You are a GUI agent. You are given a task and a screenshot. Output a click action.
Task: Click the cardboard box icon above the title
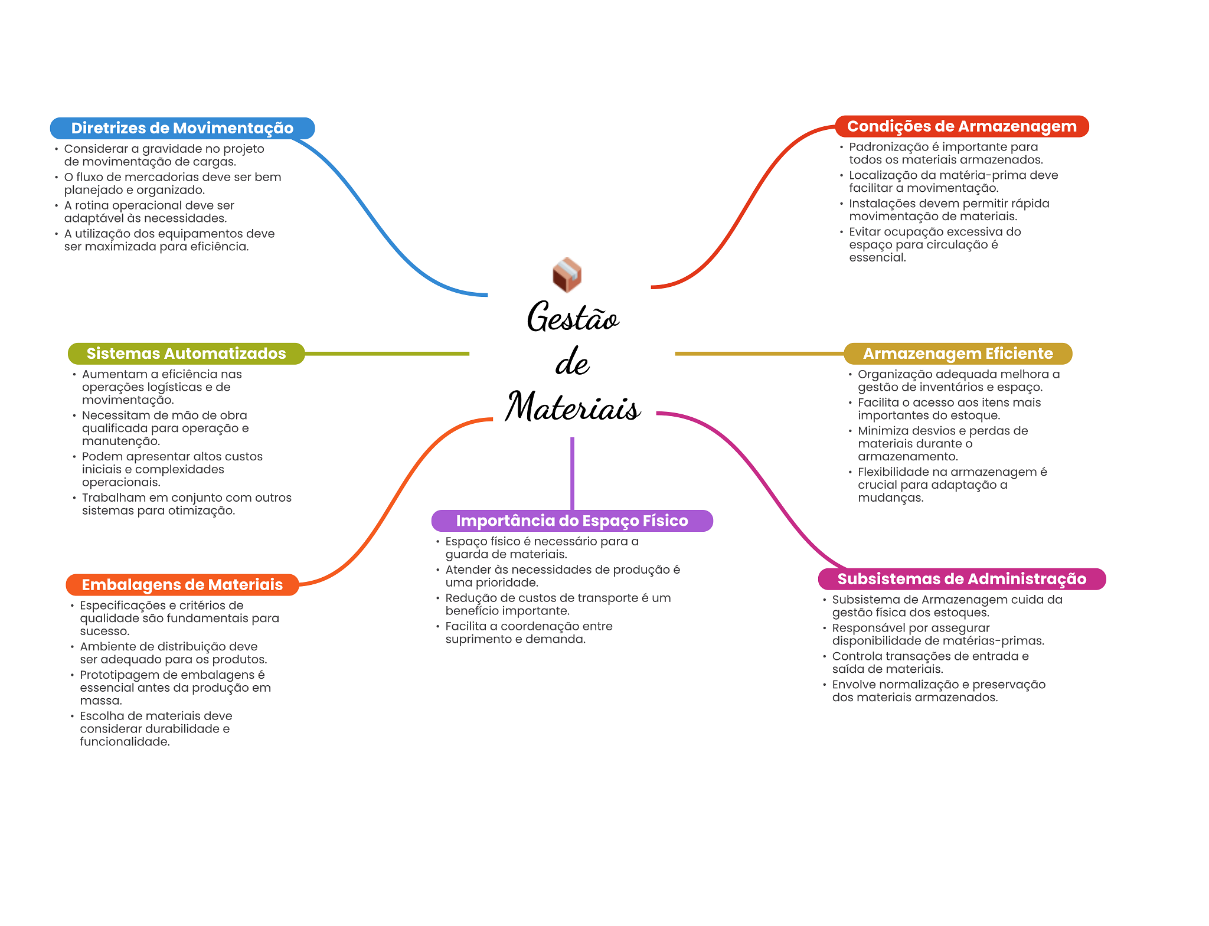click(567, 275)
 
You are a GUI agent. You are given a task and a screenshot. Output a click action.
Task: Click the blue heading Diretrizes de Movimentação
click(182, 128)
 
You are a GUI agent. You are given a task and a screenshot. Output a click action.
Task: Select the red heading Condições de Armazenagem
click(961, 126)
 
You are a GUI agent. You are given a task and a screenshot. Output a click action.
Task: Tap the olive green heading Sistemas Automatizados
click(186, 354)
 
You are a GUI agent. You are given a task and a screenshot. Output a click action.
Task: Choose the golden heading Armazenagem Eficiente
click(958, 354)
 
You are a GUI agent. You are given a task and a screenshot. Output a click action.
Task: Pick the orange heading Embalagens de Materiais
click(182, 585)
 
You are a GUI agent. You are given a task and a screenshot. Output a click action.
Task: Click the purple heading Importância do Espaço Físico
click(571, 521)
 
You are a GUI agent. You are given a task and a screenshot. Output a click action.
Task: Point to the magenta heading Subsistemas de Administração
click(961, 579)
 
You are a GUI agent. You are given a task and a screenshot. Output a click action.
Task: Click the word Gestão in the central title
click(573, 318)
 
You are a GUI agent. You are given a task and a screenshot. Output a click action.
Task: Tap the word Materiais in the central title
click(573, 407)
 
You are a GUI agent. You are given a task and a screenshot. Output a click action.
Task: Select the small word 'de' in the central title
click(572, 362)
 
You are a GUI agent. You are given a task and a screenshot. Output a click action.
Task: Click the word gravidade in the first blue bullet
click(174, 149)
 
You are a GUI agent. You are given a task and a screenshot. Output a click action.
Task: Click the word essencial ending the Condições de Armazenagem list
click(876, 257)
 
